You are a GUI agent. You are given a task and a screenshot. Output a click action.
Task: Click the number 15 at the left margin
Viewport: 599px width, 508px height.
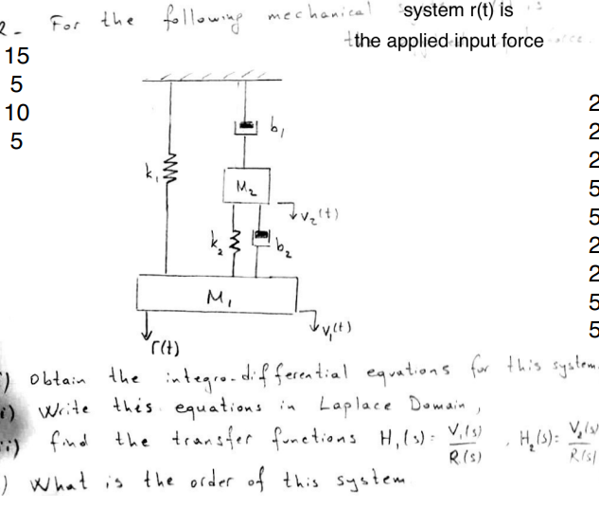click(x=18, y=56)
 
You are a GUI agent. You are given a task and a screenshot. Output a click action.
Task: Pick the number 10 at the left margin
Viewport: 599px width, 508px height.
click(x=17, y=114)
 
